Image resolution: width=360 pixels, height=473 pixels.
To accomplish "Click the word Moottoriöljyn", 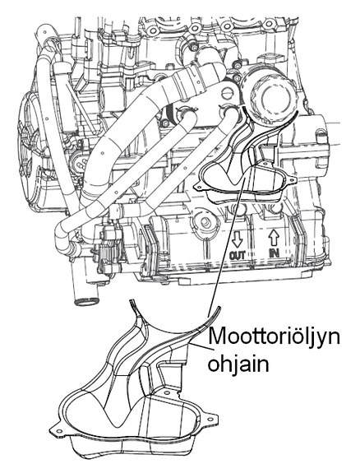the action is [274, 338].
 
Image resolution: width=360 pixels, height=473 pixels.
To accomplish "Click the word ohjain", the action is [238, 364].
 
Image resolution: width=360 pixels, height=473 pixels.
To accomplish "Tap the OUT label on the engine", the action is [238, 255].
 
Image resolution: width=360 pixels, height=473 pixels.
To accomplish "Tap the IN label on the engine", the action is [274, 253].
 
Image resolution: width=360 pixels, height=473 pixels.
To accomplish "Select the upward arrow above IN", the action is [274, 238].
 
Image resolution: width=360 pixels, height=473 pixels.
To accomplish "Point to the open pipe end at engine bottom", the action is [86, 301].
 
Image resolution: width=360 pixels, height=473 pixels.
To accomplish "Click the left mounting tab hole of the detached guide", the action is [59, 431].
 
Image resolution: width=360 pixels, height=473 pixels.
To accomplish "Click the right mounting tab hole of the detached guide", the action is [210, 419].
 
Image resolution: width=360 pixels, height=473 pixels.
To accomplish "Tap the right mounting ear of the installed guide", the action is [291, 180].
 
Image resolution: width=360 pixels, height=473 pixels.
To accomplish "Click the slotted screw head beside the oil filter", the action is [229, 92].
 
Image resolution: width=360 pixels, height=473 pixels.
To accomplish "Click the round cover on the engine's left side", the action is [30, 130].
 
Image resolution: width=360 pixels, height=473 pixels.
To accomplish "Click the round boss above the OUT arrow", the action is [205, 222].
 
